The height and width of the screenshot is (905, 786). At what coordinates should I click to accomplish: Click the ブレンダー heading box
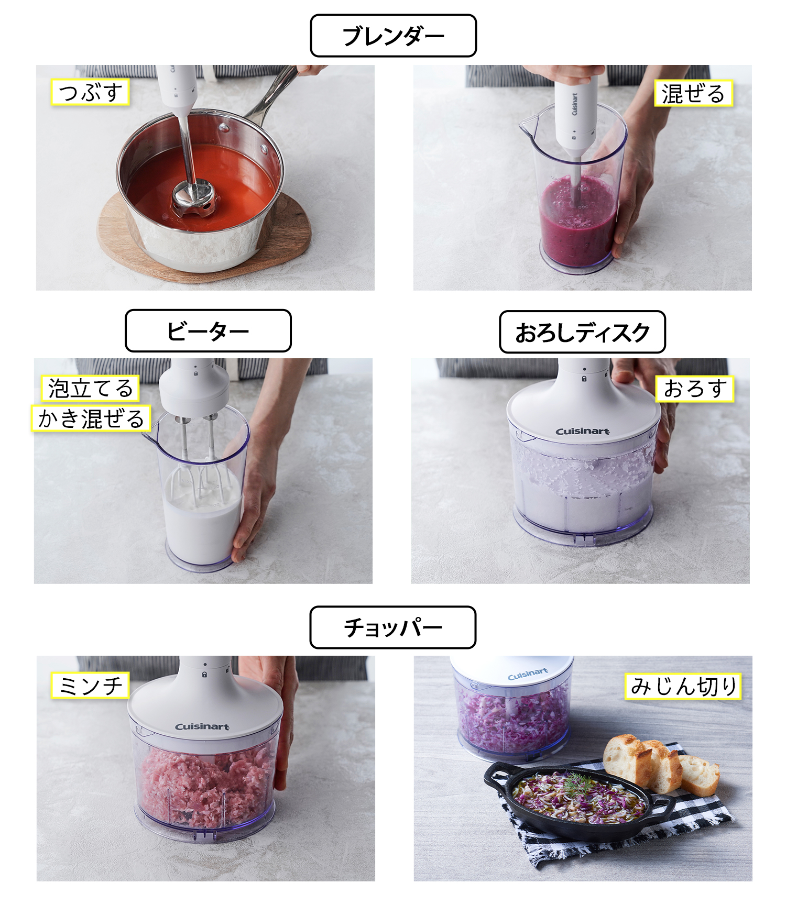[393, 36]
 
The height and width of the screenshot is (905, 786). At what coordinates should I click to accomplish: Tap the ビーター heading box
[208, 330]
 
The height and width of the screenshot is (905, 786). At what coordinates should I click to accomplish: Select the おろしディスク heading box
[582, 332]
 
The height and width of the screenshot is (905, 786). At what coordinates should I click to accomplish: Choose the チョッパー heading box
[393, 627]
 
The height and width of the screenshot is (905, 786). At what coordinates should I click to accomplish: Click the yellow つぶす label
[90, 93]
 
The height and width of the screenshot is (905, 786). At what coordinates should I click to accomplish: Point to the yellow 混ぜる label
[693, 94]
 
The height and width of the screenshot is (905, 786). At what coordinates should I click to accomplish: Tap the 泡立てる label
[90, 388]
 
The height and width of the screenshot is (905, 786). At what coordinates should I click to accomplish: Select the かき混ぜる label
[91, 418]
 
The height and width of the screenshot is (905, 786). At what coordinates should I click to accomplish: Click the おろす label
[694, 389]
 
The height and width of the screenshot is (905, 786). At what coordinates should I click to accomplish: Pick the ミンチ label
[90, 686]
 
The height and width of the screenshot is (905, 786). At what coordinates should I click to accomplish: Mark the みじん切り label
[683, 686]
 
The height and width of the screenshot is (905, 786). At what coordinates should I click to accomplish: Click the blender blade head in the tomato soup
[194, 200]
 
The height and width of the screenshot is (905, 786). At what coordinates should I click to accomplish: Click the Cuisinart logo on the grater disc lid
[582, 432]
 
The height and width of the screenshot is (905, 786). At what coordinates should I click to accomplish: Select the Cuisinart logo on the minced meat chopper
[202, 726]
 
